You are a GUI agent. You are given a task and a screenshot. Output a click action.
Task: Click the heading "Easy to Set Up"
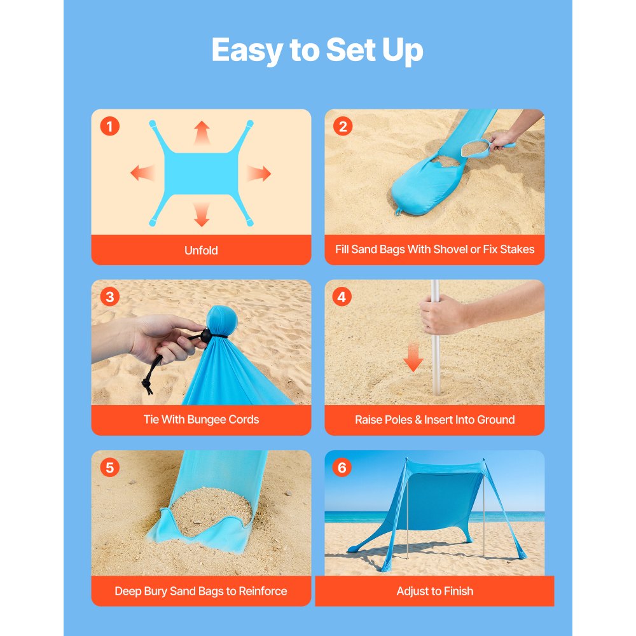click(x=317, y=50)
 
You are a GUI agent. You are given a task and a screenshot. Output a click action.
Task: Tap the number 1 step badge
click(x=109, y=127)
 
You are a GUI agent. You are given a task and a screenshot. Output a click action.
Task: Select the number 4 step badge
click(x=342, y=297)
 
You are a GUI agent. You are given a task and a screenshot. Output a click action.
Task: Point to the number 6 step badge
click(x=342, y=468)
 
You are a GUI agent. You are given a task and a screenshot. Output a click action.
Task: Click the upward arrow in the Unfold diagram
click(x=202, y=132)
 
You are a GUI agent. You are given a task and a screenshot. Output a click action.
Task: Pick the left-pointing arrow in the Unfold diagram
click(x=142, y=172)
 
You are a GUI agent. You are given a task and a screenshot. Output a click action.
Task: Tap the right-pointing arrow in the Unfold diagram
click(x=259, y=173)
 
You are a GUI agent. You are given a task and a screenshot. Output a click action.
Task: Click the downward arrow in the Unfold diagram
click(x=202, y=214)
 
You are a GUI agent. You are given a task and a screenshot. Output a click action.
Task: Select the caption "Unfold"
click(x=201, y=251)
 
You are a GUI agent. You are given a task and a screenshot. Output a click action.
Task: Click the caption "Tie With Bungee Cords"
click(x=201, y=420)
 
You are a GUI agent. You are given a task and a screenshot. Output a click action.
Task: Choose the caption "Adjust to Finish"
click(x=434, y=591)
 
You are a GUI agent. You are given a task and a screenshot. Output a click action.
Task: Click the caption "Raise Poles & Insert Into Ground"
click(x=434, y=420)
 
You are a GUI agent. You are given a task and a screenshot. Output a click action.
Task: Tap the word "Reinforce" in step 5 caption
click(x=263, y=591)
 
